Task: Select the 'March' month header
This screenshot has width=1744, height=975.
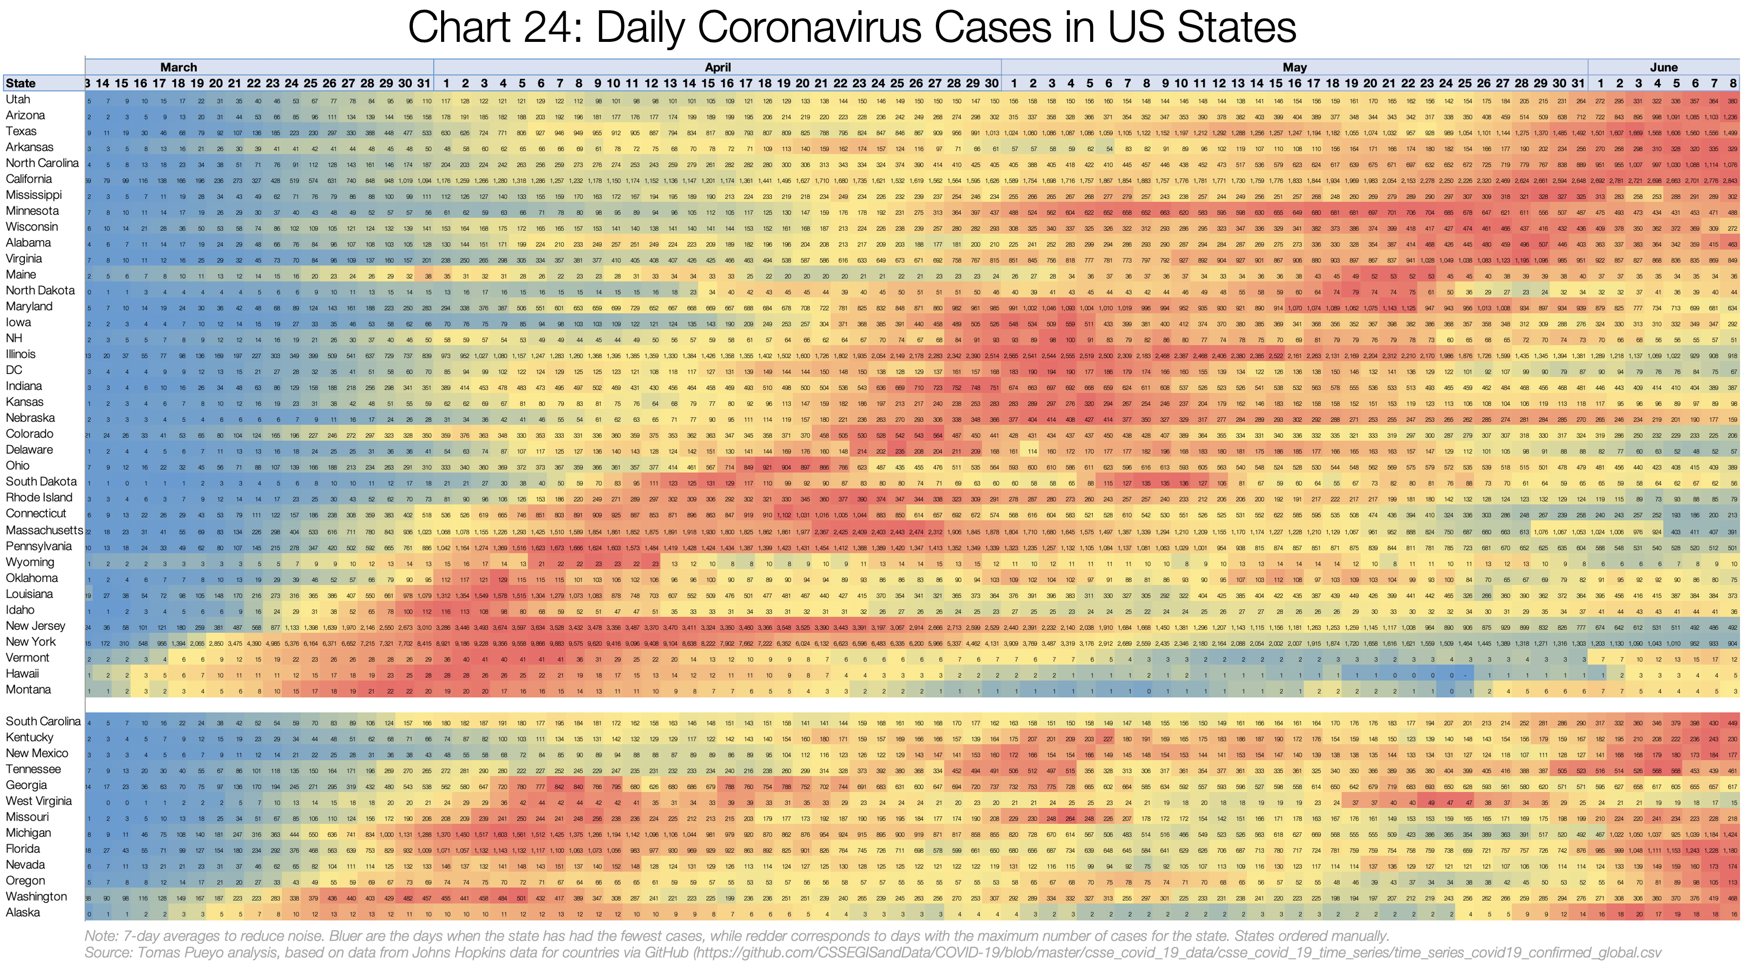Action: pos(178,67)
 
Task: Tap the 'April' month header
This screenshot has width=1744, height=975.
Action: pos(718,67)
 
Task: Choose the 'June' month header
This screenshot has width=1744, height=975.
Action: pos(1664,67)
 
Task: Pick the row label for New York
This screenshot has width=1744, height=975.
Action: pos(31,642)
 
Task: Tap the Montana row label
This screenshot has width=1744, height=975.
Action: pos(28,689)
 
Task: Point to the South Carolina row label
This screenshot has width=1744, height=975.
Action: pos(43,721)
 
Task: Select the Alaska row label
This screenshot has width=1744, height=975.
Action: pos(22,912)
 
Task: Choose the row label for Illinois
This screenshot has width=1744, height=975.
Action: pos(20,354)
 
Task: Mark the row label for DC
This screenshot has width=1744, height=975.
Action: pos(14,370)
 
